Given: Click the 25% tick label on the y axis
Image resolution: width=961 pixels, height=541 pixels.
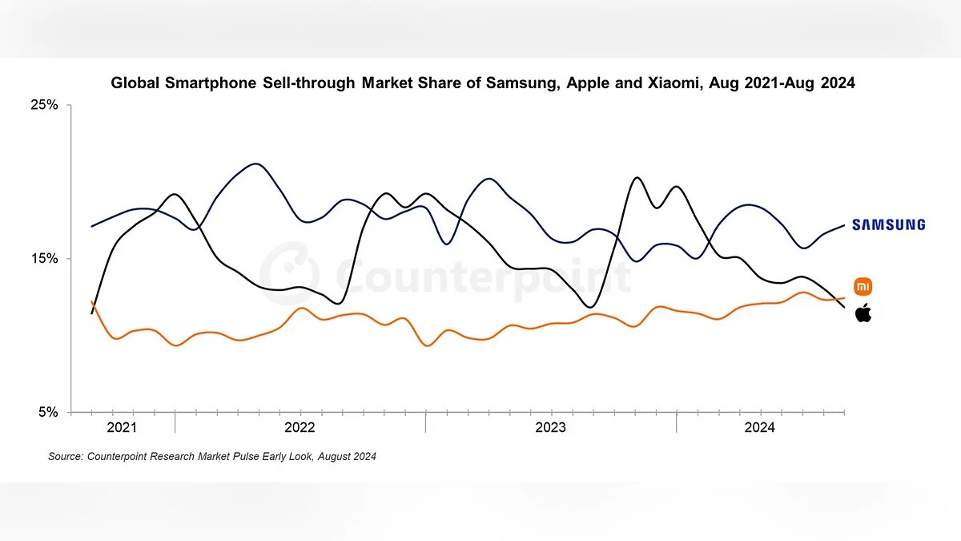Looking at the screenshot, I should [45, 105].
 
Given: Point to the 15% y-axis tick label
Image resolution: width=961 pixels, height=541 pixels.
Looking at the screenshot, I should [45, 259].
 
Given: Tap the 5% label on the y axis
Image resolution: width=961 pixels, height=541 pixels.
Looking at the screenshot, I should [48, 412].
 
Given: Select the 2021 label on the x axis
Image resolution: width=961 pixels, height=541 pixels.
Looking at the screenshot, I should [122, 428].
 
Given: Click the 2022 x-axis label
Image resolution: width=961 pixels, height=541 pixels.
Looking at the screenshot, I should [300, 428].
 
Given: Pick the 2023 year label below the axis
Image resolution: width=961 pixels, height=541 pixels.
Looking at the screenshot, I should [550, 428].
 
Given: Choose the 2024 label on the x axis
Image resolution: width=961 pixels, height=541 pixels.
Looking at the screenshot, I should [759, 428].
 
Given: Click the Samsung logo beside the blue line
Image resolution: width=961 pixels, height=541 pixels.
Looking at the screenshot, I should [888, 225].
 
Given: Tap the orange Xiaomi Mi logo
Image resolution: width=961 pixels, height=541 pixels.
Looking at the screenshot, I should [863, 286].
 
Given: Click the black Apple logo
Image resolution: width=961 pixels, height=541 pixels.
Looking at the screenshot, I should [863, 313].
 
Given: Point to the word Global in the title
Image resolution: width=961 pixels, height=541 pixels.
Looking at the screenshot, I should [135, 83].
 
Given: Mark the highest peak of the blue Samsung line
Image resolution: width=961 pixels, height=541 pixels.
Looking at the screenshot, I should [255, 164].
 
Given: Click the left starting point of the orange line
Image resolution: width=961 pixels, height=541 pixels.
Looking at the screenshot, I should [92, 302].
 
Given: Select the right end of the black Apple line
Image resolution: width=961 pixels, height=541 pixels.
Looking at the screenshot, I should [844, 308].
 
